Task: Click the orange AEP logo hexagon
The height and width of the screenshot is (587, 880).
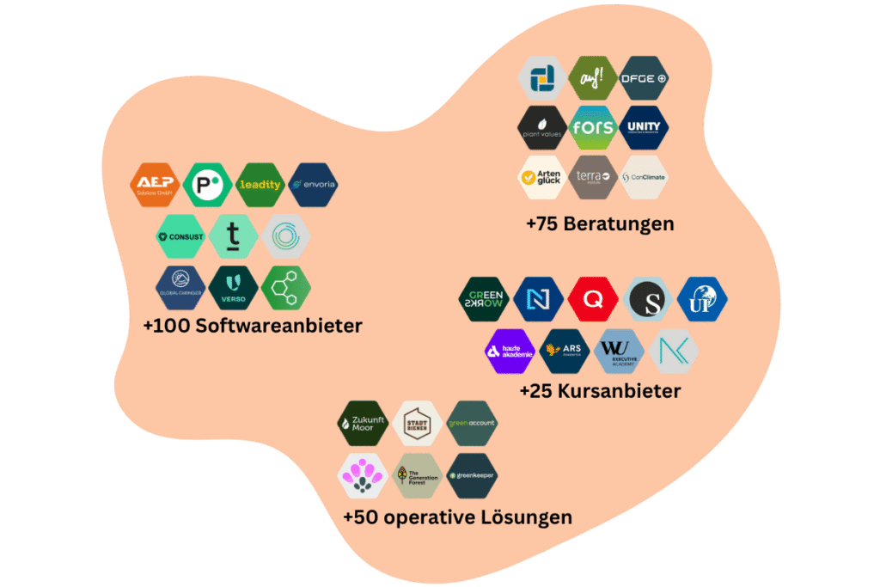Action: (x=156, y=185)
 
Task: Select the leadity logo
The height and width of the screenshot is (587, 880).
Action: (x=260, y=185)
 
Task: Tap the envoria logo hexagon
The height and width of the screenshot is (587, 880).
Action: (x=314, y=185)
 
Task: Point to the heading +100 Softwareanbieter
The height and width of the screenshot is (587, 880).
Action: (x=253, y=326)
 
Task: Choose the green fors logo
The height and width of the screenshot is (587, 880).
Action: (x=594, y=128)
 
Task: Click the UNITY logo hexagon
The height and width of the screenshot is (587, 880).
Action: (x=644, y=128)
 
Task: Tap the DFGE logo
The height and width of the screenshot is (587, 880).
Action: (x=644, y=78)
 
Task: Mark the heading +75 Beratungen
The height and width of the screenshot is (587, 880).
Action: (x=600, y=223)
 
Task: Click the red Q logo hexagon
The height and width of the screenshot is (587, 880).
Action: (x=592, y=299)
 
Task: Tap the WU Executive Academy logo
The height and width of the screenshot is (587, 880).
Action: (x=619, y=351)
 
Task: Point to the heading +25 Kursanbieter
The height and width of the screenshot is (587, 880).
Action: (x=600, y=391)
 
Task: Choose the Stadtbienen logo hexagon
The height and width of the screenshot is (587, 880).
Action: (x=417, y=423)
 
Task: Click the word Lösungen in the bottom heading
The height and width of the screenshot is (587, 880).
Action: (x=526, y=517)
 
